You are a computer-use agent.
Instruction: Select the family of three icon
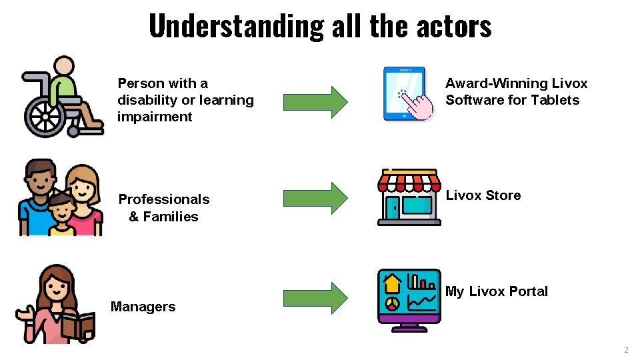pyautogui.click(x=61, y=197)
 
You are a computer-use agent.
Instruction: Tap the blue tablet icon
pyautogui.click(x=403, y=93)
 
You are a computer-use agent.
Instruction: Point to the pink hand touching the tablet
pyautogui.click(x=418, y=107)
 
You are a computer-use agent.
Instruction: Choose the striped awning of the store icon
pyautogui.click(x=409, y=181)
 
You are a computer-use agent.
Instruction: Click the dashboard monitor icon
pyautogui.click(x=409, y=300)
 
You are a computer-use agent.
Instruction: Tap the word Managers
pyautogui.click(x=143, y=307)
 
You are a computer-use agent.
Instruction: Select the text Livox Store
pyautogui.click(x=483, y=195)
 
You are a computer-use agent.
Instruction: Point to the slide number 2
pyautogui.click(x=625, y=350)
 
